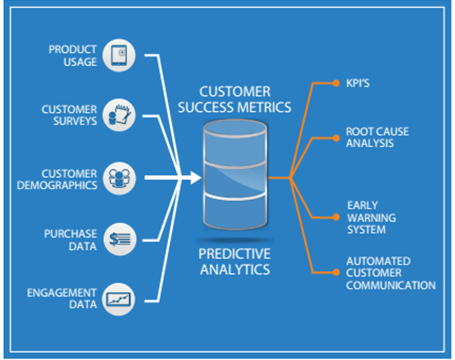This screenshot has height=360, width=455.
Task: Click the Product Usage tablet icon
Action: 119,55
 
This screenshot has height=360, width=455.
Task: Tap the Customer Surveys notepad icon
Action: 119,116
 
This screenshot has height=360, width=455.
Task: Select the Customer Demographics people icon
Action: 119,178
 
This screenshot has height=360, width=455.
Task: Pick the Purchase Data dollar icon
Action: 119,239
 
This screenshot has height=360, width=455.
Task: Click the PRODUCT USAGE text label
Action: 72,55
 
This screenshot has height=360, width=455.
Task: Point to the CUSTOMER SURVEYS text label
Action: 69,115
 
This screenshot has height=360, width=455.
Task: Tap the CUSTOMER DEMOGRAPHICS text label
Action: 69,179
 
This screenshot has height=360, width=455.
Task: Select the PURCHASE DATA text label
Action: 70,239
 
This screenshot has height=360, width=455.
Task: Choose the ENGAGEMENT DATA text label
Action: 61,299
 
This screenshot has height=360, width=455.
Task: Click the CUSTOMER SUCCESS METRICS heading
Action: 235,99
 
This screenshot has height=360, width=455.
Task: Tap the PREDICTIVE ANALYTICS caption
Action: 235,261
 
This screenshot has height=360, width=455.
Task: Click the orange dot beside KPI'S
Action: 336,84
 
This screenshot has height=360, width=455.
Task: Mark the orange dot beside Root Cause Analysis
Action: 336,138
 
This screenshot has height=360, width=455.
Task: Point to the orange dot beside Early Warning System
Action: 336,218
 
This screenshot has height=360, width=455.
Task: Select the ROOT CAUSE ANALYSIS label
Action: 377,137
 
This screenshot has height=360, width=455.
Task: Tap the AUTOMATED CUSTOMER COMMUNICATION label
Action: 390,273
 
